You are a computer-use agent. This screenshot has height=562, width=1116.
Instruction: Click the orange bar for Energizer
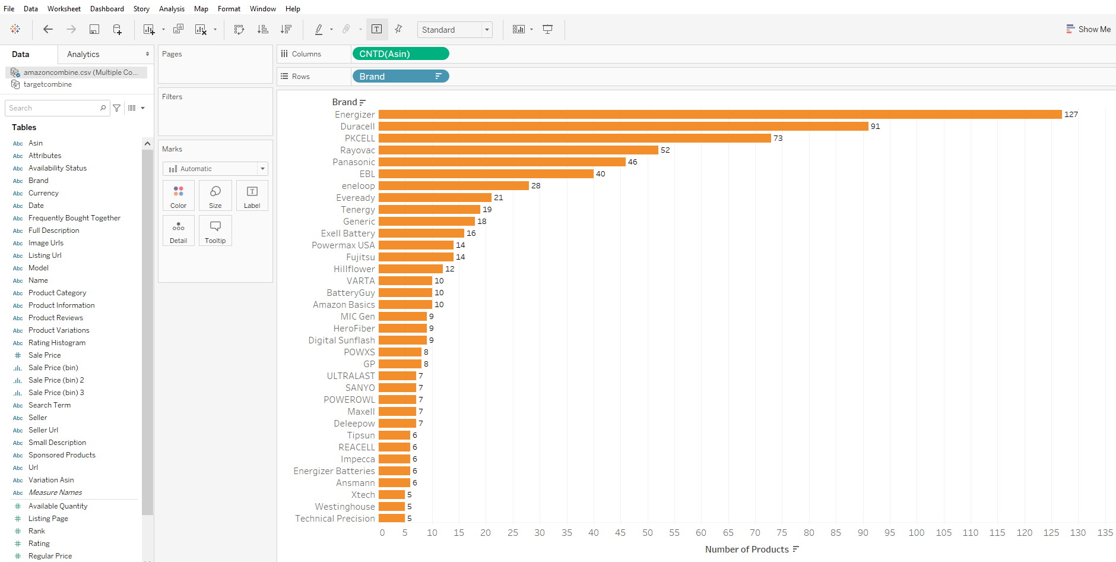pos(720,115)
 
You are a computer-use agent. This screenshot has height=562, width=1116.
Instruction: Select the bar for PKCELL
pos(575,138)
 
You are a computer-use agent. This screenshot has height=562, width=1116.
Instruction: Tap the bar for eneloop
pos(454,186)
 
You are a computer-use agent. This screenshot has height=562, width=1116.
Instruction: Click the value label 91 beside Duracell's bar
pos(875,127)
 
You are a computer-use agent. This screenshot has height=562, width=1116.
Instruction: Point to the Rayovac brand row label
pos(357,150)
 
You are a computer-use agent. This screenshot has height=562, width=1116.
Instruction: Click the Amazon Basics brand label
pos(344,305)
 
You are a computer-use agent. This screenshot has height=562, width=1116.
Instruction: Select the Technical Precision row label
pos(335,519)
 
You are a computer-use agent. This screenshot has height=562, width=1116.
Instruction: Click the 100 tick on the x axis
pos(916,533)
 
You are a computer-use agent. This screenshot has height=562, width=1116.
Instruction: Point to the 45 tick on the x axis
pos(620,533)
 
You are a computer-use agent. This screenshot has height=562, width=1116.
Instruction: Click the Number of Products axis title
pos(747,550)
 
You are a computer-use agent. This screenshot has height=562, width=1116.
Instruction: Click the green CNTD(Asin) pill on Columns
pos(401,54)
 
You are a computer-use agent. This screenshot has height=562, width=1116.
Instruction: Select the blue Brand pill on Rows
pos(401,77)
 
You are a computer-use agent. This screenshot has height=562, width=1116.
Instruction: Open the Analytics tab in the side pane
pos(83,54)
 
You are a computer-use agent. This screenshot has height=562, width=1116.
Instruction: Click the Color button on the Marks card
pos(179,195)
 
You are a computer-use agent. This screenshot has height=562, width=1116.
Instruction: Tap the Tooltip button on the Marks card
pos(215,231)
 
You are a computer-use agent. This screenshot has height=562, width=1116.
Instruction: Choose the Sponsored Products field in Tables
pos(62,455)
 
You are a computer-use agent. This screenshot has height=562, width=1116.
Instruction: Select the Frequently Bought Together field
pos(74,218)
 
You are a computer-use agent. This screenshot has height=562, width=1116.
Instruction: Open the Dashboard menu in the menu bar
pos(107,9)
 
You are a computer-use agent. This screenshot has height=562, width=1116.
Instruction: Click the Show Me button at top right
pos(1088,29)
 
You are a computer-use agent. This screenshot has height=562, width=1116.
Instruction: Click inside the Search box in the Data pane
pos(53,108)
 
